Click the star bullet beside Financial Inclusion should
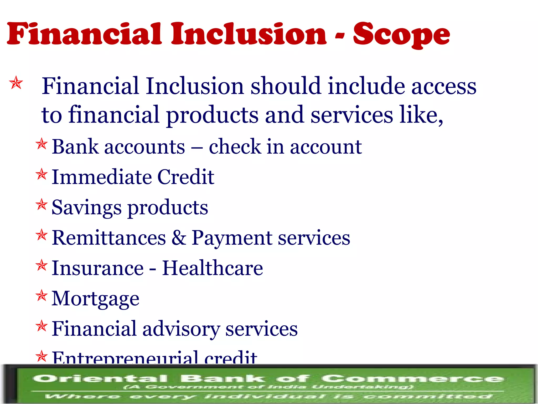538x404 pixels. (x=16, y=83)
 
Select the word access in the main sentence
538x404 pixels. (x=444, y=86)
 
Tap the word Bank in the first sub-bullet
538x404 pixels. (x=75, y=147)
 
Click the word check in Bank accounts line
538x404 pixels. (x=235, y=147)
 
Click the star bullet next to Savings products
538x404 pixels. (x=42, y=205)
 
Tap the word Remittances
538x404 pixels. (x=109, y=238)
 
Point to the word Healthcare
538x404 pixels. (x=212, y=268)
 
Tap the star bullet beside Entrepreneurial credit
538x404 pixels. (x=42, y=357)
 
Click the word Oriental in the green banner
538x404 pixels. (x=100, y=379)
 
